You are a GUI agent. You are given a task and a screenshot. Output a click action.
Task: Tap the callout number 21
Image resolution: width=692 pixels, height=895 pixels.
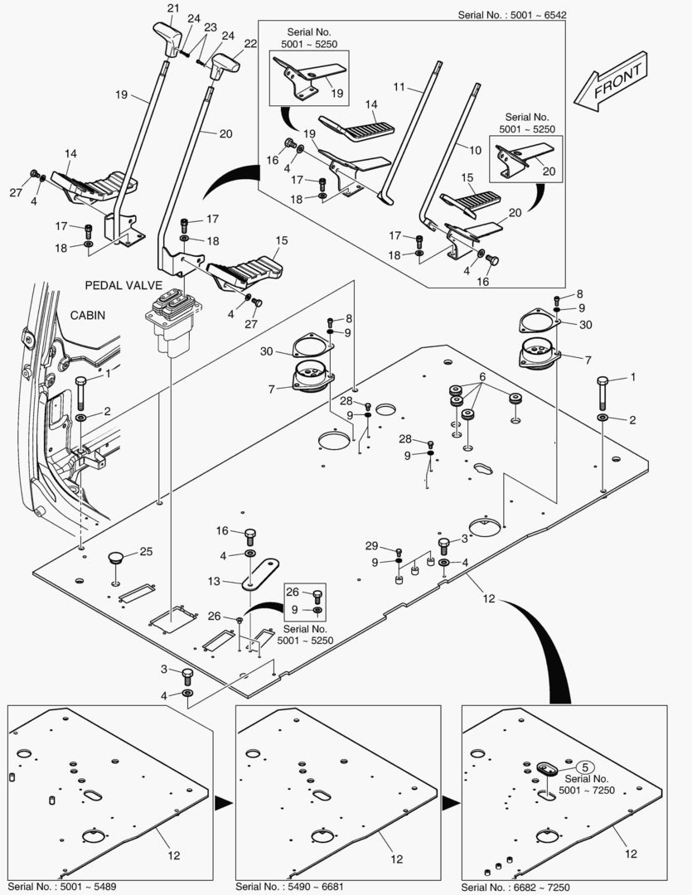click(x=172, y=9)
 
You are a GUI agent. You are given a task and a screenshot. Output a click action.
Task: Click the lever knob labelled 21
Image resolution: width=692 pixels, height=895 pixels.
click(x=168, y=38)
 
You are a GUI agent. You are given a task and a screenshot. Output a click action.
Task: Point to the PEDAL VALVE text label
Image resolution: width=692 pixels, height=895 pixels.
click(x=123, y=284)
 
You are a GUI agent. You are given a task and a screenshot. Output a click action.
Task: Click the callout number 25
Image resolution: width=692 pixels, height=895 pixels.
click(x=146, y=551)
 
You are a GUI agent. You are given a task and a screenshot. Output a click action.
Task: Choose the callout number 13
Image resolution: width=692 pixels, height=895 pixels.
click(x=215, y=582)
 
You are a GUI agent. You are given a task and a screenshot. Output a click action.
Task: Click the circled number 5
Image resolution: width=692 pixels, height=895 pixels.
click(x=583, y=767)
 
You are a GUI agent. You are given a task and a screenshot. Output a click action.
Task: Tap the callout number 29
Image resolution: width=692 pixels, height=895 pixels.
click(x=371, y=545)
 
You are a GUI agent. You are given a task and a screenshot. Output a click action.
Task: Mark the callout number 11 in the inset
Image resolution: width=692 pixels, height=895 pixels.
click(x=399, y=86)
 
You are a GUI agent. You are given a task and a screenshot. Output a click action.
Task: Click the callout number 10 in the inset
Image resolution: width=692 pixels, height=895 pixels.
click(x=475, y=150)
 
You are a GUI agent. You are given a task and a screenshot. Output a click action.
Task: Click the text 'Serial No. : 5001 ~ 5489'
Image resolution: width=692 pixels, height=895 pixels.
click(x=62, y=887)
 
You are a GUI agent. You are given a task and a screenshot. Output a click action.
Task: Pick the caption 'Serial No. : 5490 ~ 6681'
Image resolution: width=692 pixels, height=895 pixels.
click(x=290, y=887)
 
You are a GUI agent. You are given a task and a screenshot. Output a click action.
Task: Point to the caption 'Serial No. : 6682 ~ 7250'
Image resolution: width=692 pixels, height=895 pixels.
click(x=517, y=887)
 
